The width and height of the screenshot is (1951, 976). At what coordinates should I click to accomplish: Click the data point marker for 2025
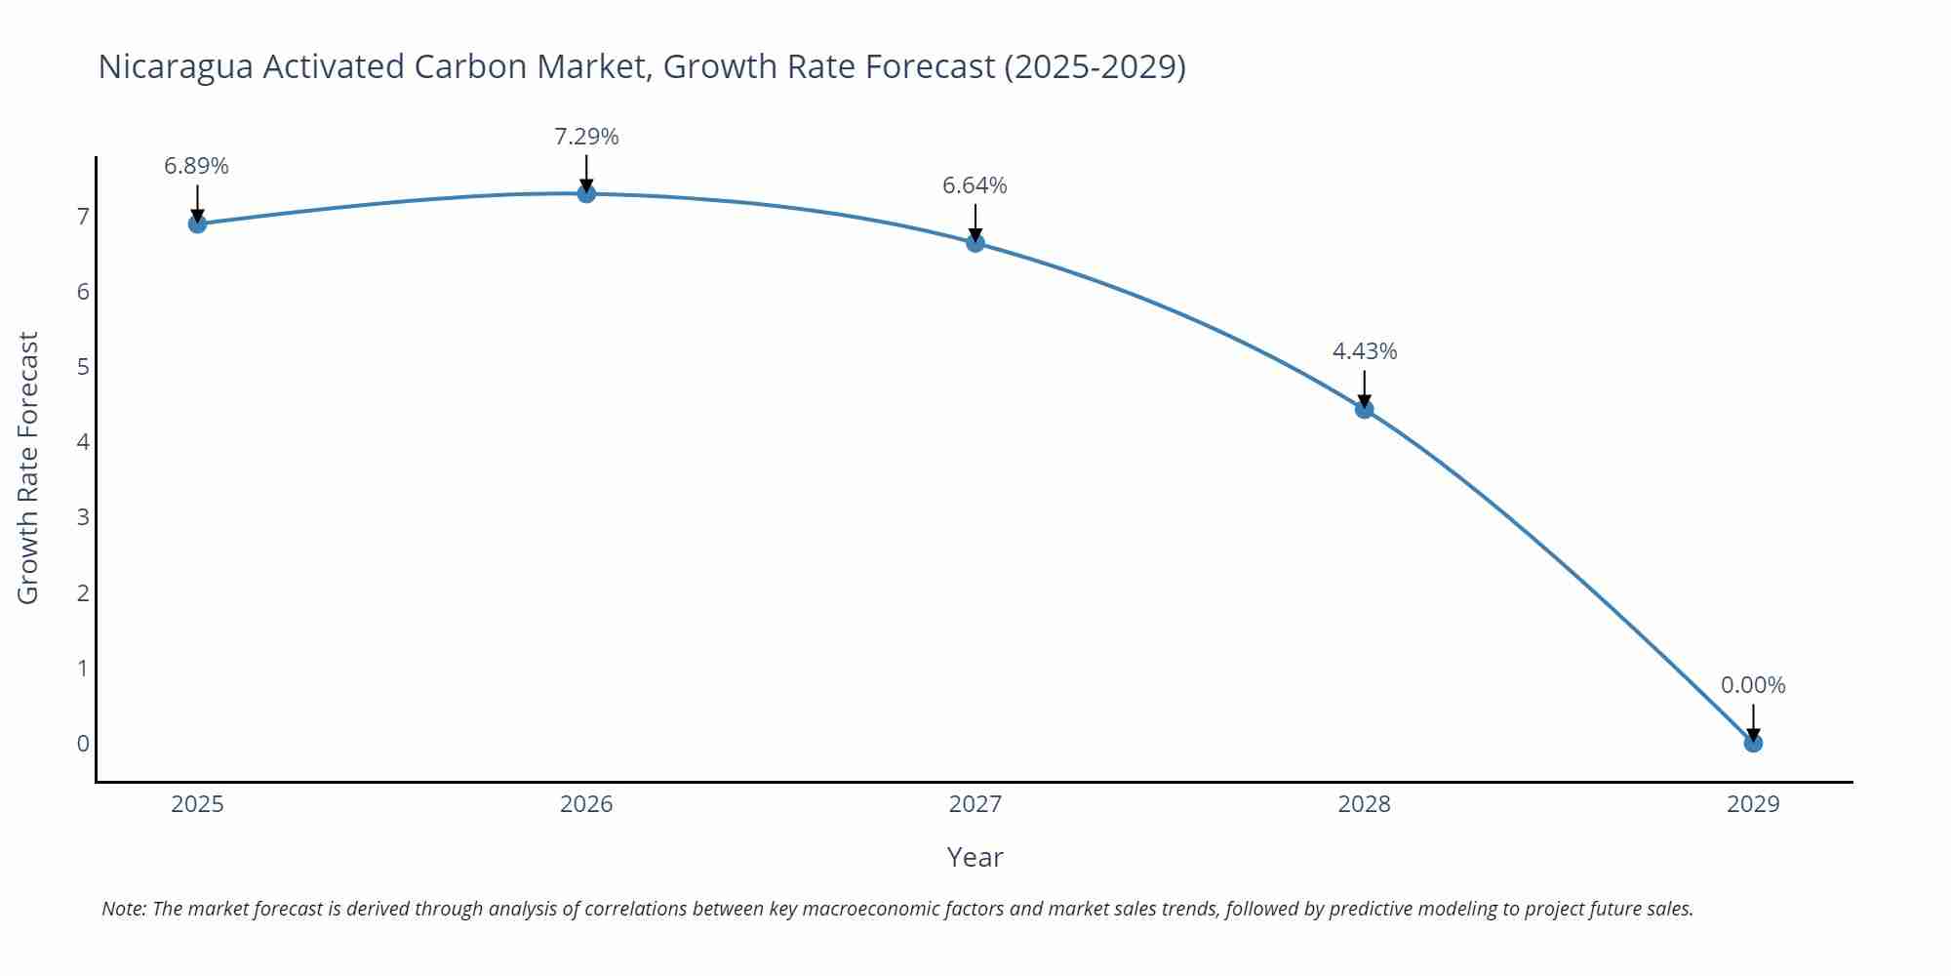point(197,224)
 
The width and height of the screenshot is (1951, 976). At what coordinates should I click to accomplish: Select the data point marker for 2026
point(586,193)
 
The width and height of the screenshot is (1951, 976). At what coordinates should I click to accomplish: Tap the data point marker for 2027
point(975,243)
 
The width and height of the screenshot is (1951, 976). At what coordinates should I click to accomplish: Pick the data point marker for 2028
point(1364,409)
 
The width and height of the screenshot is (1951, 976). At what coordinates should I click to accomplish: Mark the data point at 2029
point(1753,743)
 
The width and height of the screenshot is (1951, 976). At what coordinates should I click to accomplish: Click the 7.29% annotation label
point(586,137)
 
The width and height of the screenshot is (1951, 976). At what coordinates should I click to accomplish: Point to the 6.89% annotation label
point(196,166)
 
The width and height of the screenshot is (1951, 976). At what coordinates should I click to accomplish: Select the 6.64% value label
point(975,185)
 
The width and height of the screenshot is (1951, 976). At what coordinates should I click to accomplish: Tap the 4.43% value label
point(1365,351)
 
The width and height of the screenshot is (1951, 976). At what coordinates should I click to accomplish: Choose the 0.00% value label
point(1753,685)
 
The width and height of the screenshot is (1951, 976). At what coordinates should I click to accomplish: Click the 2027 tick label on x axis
point(975,804)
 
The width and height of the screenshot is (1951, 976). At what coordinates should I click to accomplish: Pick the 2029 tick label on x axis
point(1753,804)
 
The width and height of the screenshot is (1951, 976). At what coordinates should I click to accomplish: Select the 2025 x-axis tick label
point(197,804)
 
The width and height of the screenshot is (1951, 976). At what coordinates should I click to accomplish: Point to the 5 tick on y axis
point(83,367)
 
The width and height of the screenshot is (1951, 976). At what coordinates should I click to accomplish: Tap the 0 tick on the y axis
point(83,744)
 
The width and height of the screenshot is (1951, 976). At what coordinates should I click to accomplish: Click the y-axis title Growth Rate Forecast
point(28,468)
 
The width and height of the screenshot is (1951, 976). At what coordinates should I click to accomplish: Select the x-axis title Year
point(975,857)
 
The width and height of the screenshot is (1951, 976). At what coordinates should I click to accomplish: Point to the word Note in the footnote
point(124,909)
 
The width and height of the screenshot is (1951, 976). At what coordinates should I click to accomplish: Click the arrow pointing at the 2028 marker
point(1364,387)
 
